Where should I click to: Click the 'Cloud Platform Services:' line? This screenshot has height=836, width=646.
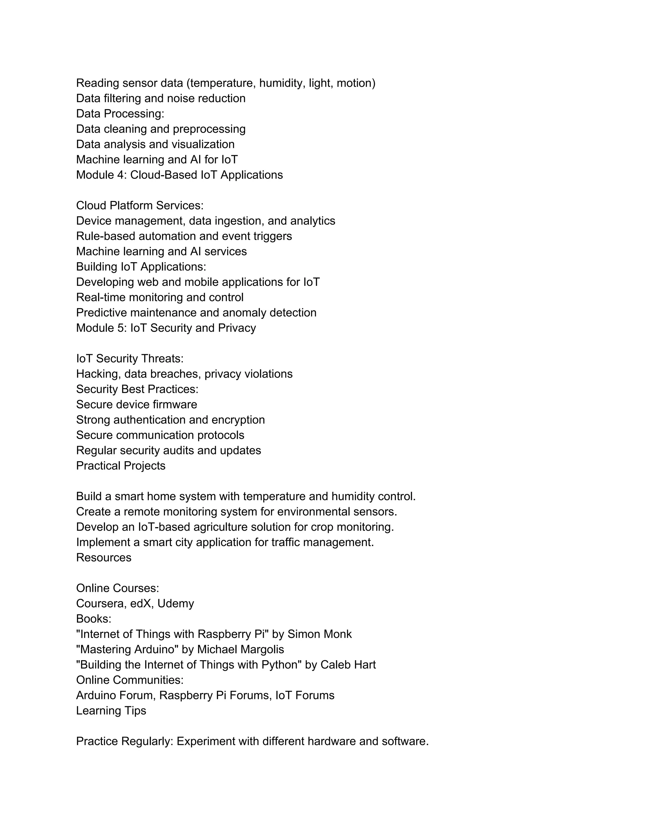(140, 206)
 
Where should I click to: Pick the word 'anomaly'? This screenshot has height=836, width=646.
(244, 313)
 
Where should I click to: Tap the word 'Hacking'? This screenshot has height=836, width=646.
(98, 374)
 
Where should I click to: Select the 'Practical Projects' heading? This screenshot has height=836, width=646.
(120, 466)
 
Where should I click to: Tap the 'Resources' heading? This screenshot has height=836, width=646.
(104, 558)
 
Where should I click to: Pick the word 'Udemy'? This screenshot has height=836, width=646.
(176, 603)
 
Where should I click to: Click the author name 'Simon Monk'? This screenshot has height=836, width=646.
(319, 634)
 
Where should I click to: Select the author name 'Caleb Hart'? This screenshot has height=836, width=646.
(348, 665)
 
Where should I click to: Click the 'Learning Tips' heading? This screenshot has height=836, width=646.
(111, 711)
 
